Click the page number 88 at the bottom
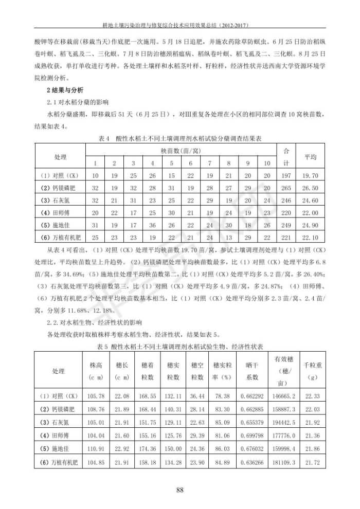(x=180, y=489)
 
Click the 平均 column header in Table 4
(x=311, y=157)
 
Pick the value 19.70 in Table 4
(x=311, y=175)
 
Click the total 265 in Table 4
(x=286, y=188)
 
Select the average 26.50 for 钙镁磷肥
(x=311, y=188)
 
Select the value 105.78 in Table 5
(x=96, y=396)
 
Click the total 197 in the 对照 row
(x=286, y=175)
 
